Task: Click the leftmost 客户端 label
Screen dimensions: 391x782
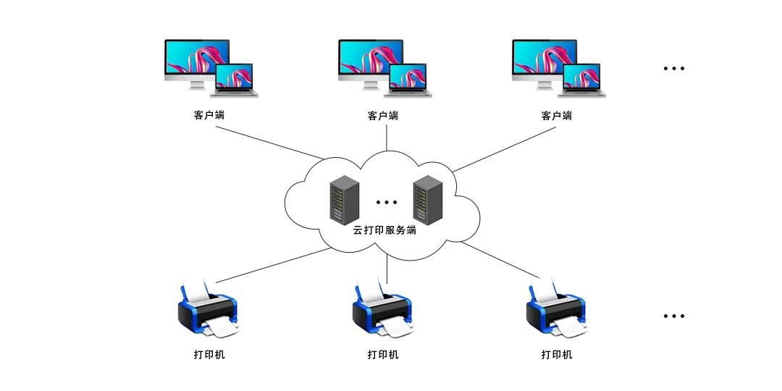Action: [x=209, y=115]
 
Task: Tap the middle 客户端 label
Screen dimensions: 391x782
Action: [x=383, y=115]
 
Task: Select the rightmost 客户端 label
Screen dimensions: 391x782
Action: [x=557, y=115]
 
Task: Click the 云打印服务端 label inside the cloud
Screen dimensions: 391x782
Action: [x=384, y=230]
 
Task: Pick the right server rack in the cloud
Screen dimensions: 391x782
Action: [x=428, y=198]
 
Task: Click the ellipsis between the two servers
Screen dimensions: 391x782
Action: [x=387, y=202]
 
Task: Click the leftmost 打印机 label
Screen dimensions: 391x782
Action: [x=209, y=354]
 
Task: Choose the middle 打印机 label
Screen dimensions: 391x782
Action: [x=383, y=354]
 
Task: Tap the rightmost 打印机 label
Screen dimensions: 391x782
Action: [x=557, y=354]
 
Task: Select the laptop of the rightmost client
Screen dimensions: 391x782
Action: [x=581, y=79]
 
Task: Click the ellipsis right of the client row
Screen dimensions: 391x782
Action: [x=674, y=69]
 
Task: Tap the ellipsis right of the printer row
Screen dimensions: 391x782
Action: [x=674, y=316]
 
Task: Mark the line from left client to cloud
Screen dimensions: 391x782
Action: [x=268, y=143]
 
